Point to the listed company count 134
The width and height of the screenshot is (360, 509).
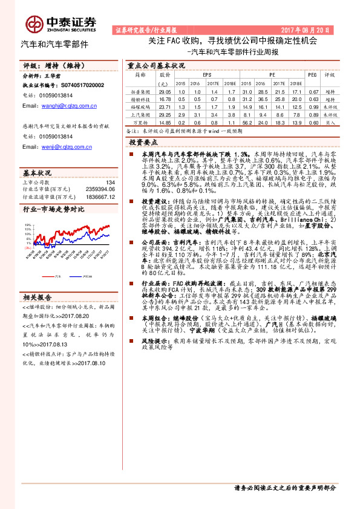(x=110, y=183)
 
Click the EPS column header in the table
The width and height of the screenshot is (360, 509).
(x=199, y=75)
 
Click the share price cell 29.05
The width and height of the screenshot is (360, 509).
(x=165, y=91)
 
